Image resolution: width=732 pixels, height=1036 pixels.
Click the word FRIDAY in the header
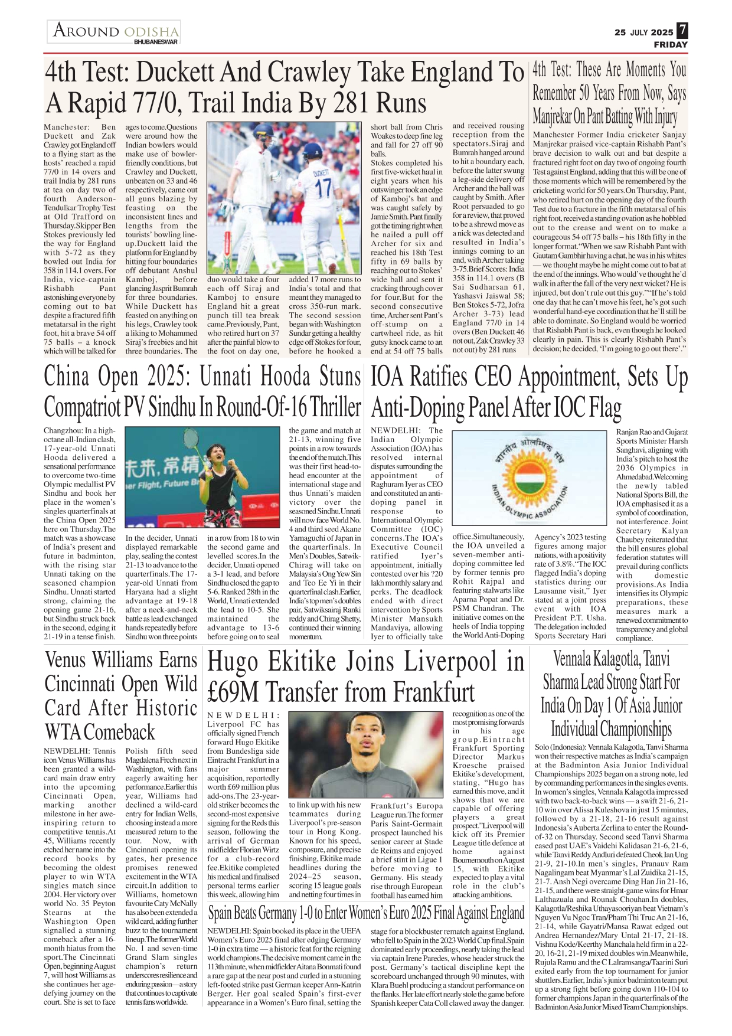coord(671,44)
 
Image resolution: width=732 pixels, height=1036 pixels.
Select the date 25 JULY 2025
coord(643,32)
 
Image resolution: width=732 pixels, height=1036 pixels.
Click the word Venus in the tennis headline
coord(66,660)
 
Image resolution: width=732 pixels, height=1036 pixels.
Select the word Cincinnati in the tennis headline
coord(80,684)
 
